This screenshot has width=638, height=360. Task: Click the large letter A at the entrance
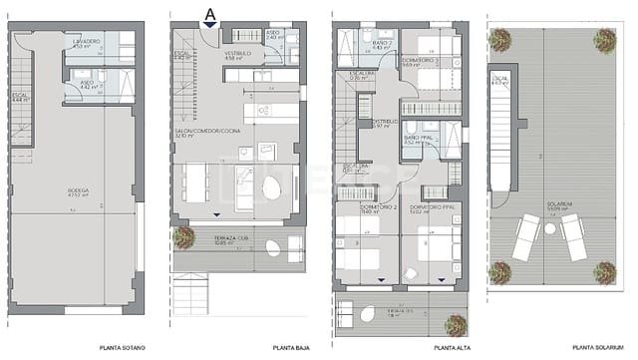(209, 13)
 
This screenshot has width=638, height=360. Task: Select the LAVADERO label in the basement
(87, 40)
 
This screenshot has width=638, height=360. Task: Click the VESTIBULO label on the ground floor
(235, 54)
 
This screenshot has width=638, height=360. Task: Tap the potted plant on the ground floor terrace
(183, 237)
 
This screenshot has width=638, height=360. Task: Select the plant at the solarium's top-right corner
(604, 40)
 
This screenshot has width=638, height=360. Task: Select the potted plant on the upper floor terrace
(455, 325)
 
